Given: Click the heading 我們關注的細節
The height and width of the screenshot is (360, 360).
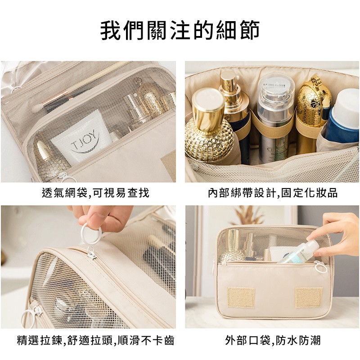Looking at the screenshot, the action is [180, 30].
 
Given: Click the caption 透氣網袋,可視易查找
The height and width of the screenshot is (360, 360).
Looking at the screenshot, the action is [95, 193].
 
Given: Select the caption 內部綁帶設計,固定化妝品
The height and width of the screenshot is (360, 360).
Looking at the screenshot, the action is [273, 193].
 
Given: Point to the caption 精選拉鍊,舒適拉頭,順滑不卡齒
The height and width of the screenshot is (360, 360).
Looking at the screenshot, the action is [95, 340].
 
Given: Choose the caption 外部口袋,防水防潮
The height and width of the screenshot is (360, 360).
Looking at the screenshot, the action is [273, 340].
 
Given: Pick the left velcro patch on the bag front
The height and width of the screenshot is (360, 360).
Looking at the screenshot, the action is [241, 297].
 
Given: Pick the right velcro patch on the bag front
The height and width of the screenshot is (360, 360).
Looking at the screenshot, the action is [309, 297].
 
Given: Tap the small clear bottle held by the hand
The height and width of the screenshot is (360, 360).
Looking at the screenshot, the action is [298, 252].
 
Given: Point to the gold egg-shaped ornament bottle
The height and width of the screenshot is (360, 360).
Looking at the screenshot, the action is [313, 103].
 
